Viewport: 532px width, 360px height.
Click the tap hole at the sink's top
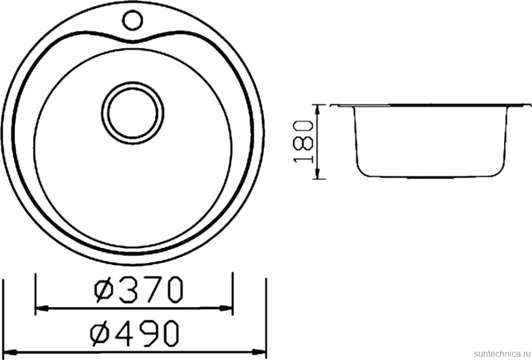point(132,20)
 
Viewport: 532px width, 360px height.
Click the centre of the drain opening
point(133,113)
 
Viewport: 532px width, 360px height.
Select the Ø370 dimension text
point(139,290)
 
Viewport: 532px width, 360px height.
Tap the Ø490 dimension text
point(134,333)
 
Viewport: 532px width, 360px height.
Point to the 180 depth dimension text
point(303,141)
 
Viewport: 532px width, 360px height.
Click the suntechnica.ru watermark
point(501,353)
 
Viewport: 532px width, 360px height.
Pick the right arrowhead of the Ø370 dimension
point(226,308)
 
